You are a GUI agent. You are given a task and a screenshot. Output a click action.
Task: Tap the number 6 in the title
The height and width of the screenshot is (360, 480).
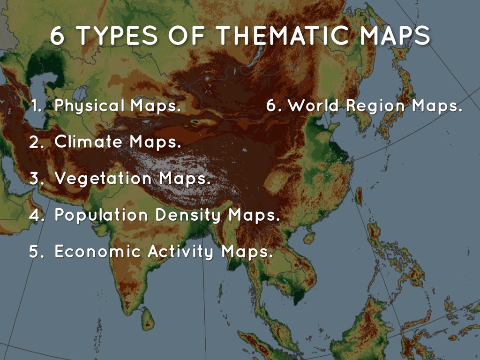(57, 37)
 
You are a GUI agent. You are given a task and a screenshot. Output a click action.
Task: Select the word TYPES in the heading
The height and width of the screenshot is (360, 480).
(107, 37)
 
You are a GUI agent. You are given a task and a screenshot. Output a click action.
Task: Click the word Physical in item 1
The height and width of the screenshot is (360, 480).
(90, 106)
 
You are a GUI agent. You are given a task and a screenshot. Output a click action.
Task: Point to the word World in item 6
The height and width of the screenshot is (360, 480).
(314, 106)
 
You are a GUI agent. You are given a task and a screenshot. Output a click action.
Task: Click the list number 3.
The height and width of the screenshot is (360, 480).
(36, 179)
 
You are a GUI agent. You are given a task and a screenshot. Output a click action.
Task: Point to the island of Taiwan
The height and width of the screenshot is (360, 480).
(358, 195)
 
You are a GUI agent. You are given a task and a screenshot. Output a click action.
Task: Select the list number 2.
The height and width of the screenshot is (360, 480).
(36, 142)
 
